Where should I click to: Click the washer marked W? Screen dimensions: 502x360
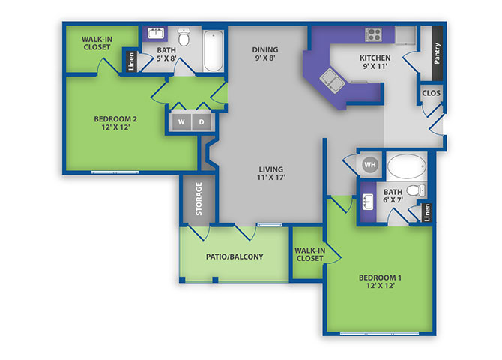181,121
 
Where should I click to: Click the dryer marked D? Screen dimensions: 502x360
202,121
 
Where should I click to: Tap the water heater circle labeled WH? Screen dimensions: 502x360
370,165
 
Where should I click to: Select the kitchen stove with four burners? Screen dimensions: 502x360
374,34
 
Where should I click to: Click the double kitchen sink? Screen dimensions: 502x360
332,80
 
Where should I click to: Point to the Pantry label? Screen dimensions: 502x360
437,53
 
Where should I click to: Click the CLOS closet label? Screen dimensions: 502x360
431,93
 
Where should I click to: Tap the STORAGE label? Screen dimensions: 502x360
199,199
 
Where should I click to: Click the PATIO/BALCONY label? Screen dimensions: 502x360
235,256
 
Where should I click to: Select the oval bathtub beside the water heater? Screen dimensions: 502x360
407,166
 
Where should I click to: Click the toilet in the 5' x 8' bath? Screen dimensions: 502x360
184,37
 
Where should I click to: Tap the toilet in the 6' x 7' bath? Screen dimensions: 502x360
416,190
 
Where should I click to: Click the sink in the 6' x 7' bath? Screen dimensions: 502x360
368,202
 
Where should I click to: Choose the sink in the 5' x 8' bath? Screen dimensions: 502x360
156,33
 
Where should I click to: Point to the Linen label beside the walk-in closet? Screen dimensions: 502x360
131,61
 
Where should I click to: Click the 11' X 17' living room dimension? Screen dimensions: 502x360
270,177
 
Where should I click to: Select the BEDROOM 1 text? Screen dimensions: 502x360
380,277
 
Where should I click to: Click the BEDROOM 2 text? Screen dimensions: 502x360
115,119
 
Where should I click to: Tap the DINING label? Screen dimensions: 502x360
265,49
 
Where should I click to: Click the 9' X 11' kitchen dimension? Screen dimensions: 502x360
375,66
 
